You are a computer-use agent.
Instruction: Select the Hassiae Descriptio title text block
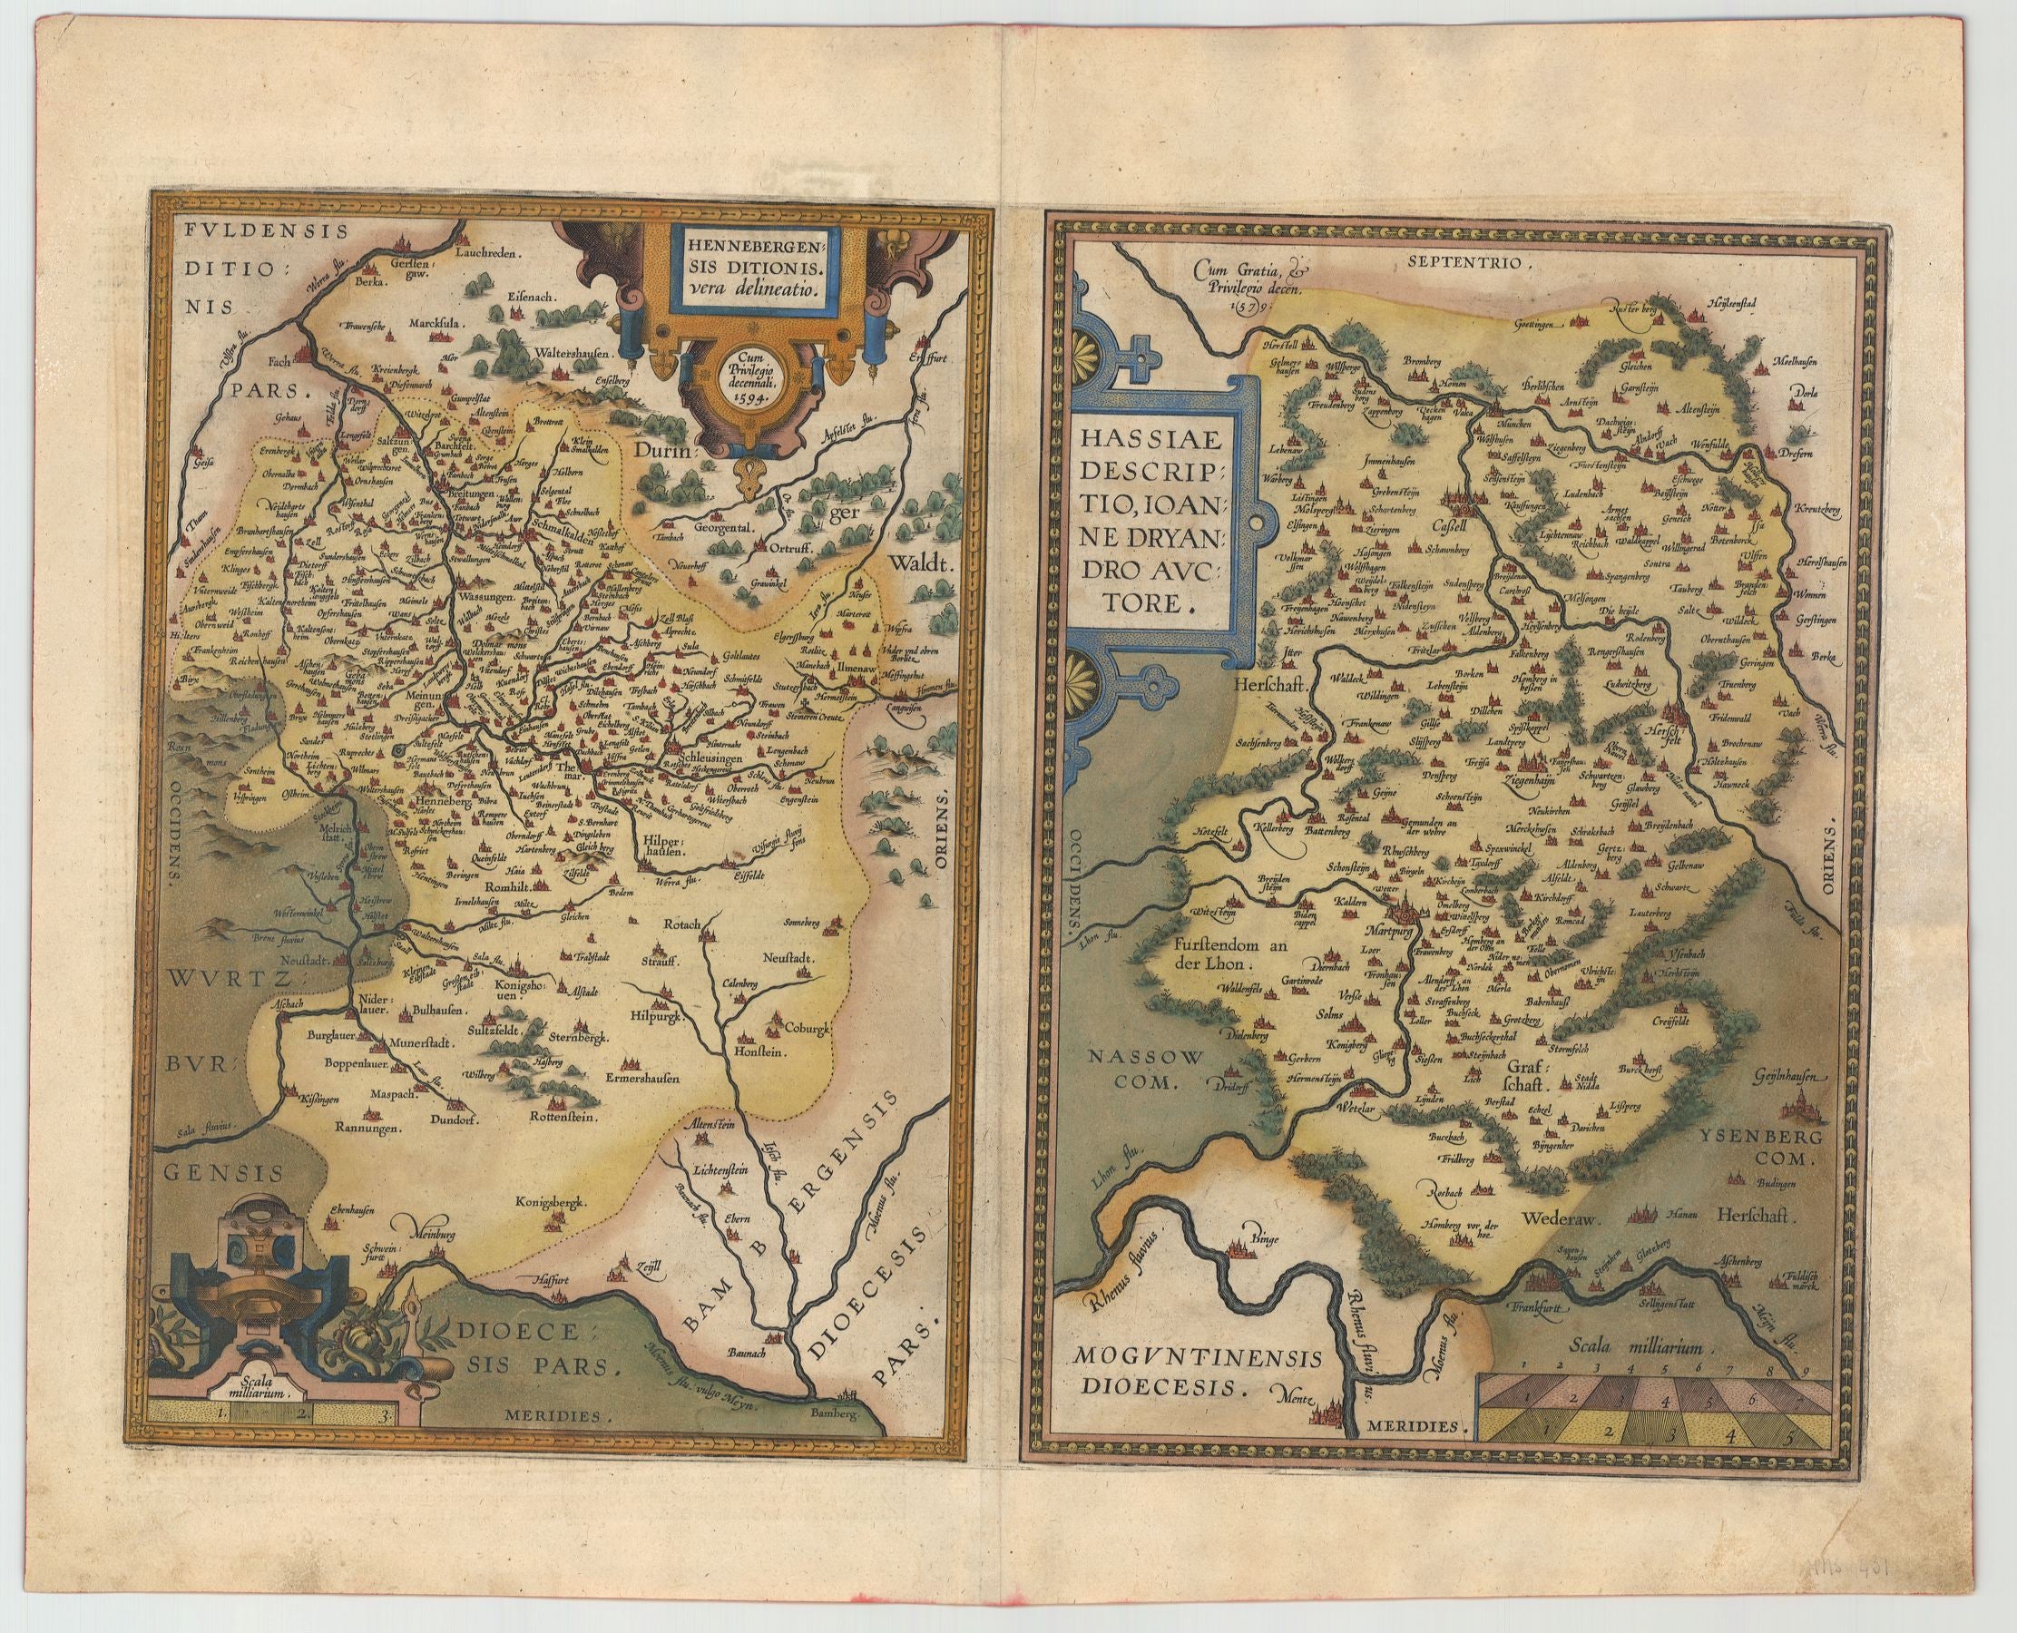pos(1148,521)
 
